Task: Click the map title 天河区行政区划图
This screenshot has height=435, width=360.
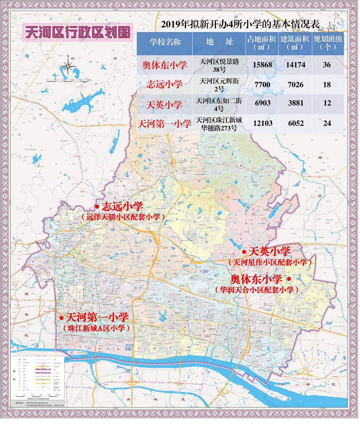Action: pos(77,32)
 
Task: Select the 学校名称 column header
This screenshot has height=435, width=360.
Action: pos(165,42)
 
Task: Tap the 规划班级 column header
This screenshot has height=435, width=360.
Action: pos(327,43)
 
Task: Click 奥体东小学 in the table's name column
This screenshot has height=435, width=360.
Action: pos(165,65)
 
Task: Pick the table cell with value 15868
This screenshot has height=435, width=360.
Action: pos(262,65)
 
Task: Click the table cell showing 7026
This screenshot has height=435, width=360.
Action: pos(295,85)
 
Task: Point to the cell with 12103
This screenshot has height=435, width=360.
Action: pos(262,123)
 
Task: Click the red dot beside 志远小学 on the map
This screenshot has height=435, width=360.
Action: pos(97,206)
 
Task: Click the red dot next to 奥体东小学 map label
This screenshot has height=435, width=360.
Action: pos(289,279)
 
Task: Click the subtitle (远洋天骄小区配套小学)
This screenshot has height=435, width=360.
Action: pos(123,217)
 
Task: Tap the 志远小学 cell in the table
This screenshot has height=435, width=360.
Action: pos(165,85)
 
